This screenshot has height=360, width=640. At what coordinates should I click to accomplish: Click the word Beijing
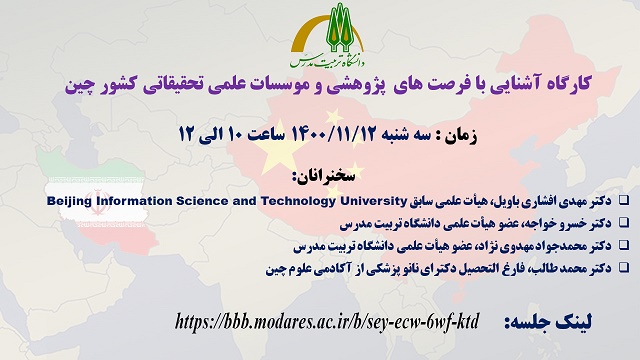click(72, 201)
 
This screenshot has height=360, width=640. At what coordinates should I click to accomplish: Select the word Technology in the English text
click(283, 201)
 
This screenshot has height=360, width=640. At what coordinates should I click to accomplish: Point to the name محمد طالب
click(562, 267)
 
